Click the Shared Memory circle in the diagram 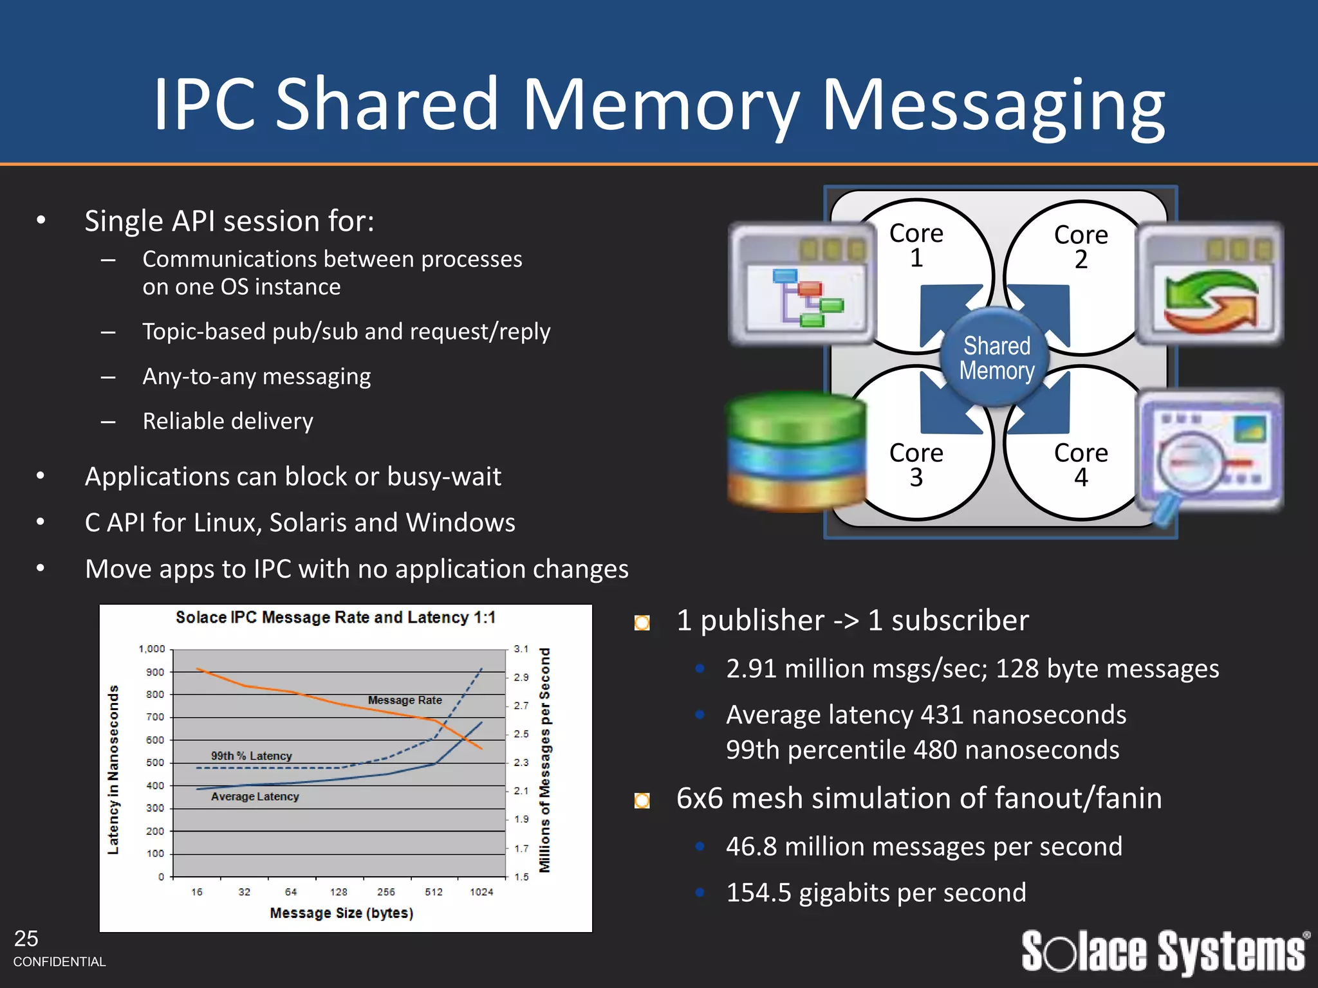pyautogui.click(x=996, y=358)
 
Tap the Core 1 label pyautogui.click(x=916, y=245)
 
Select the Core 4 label pyautogui.click(x=1081, y=464)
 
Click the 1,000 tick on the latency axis pyautogui.click(x=152, y=649)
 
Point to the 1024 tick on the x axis pyautogui.click(x=481, y=892)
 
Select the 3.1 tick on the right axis pyautogui.click(x=521, y=649)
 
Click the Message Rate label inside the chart pyautogui.click(x=405, y=700)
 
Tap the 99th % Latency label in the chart pyautogui.click(x=252, y=756)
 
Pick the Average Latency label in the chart pyautogui.click(x=255, y=796)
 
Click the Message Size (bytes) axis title pyautogui.click(x=341, y=913)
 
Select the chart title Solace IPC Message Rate pyautogui.click(x=335, y=617)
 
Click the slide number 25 pyautogui.click(x=26, y=938)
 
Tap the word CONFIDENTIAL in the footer pyautogui.click(x=59, y=962)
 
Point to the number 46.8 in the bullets pyautogui.click(x=751, y=846)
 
